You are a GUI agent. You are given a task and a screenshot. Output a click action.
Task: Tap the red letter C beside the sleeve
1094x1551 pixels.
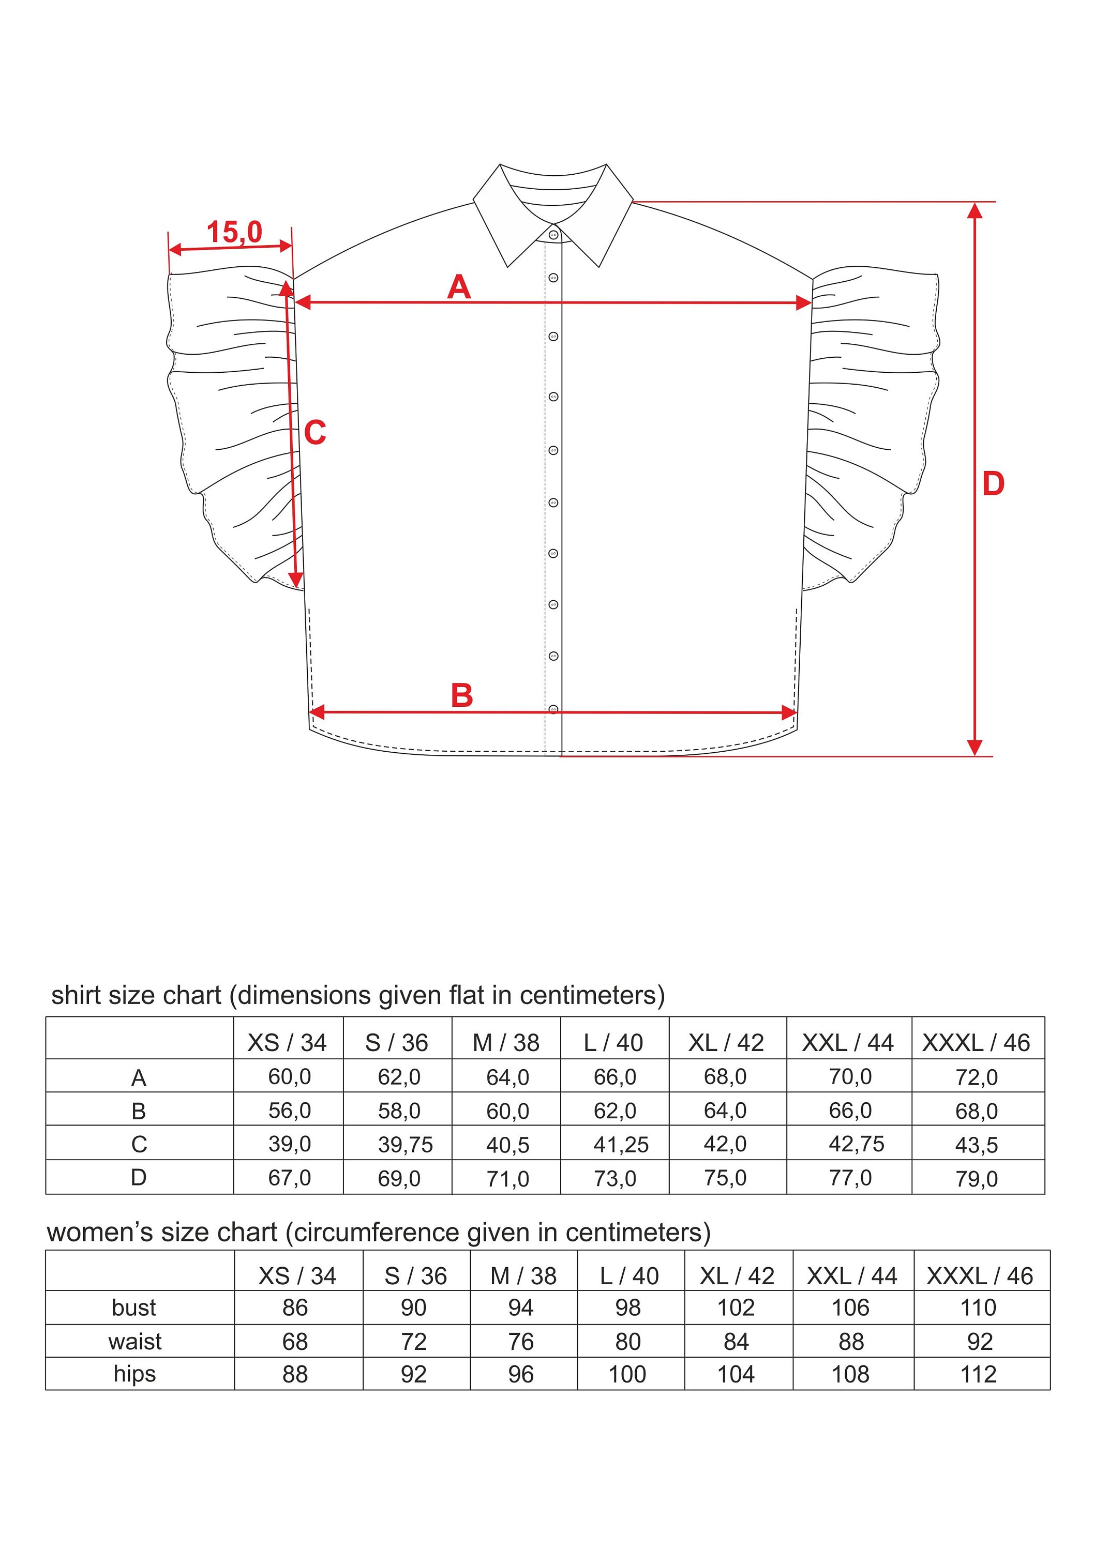pos(315,433)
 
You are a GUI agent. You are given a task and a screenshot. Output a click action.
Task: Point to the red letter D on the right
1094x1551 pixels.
pos(993,484)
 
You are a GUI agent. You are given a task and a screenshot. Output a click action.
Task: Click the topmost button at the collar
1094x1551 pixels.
pos(553,235)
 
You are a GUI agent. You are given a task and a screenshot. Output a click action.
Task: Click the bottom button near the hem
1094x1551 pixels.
pos(553,709)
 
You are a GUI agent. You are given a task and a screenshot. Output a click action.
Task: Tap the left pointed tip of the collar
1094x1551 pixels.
pos(508,266)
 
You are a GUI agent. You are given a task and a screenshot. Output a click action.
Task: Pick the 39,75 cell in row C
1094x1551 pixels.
pos(405,1144)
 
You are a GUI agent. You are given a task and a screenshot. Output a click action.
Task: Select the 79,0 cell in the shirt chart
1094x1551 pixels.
pos(977,1179)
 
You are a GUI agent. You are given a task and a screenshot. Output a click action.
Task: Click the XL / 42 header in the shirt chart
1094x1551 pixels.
pos(726,1043)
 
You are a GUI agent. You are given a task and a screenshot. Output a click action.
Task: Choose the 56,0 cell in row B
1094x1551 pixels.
pos(289,1111)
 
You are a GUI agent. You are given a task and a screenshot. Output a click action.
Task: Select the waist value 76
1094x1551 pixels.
pos(521,1341)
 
